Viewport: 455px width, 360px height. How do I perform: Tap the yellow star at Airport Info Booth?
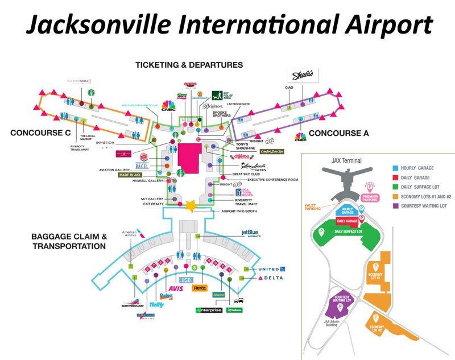[x=189, y=205]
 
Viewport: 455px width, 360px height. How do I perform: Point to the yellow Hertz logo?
[x=200, y=288]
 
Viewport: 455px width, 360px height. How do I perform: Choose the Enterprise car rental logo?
[x=208, y=310]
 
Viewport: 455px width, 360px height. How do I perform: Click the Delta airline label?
[x=270, y=278]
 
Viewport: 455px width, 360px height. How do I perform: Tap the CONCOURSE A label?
[x=339, y=133]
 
